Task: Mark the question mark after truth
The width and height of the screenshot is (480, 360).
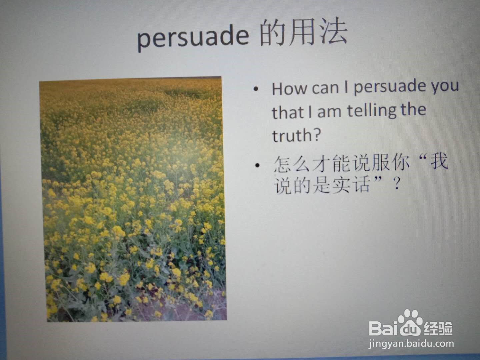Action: point(316,135)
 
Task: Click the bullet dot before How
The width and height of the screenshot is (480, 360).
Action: point(256,89)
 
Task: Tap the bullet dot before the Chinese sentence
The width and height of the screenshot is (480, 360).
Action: point(257,165)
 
